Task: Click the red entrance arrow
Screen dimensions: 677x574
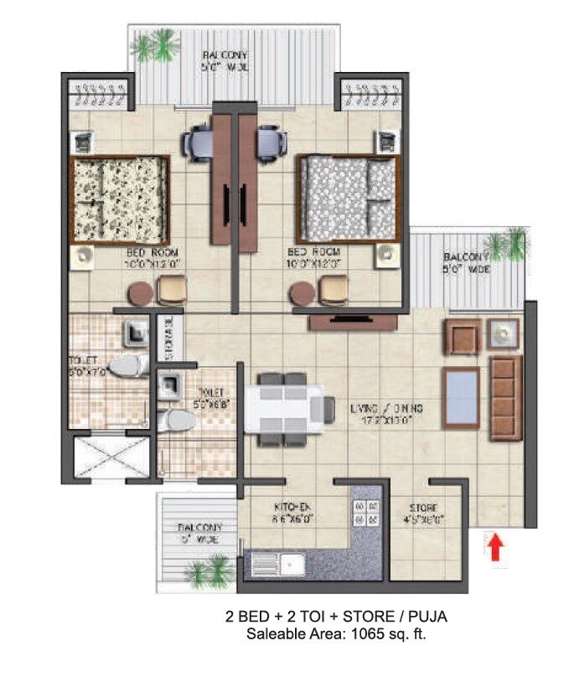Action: (x=495, y=548)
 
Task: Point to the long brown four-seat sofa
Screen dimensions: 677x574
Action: (x=504, y=396)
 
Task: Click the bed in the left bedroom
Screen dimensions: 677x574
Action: (x=119, y=199)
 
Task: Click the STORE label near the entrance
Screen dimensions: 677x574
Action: (x=422, y=508)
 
